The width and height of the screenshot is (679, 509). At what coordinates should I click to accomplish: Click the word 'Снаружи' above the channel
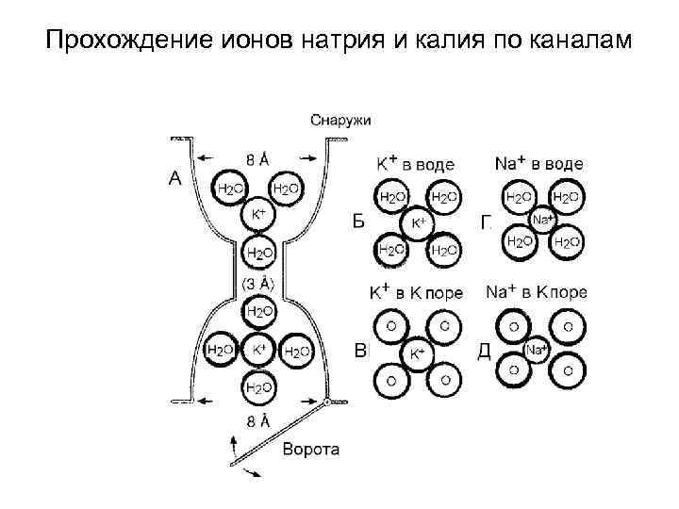pos(340,120)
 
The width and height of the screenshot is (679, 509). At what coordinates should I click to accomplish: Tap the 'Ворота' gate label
pos(311,449)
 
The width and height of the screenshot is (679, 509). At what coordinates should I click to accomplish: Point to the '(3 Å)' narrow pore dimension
pos(258,282)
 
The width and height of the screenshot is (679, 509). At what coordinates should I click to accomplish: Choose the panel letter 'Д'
pos(485,351)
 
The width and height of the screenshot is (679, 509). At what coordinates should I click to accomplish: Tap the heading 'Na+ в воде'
pos(538,163)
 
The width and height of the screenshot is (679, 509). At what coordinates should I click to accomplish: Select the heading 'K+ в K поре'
pos(415,292)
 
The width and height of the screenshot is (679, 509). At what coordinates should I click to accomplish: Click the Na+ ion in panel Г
pos(542,221)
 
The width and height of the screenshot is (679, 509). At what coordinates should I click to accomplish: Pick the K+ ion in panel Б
pos(417,222)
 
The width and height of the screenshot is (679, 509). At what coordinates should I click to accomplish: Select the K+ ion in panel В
pos(416,353)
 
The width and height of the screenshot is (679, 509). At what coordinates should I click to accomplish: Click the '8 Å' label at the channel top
pos(258,159)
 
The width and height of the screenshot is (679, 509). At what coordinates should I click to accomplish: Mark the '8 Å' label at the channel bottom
pos(257,421)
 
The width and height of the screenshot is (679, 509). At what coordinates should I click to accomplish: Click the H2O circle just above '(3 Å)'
pos(259,253)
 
